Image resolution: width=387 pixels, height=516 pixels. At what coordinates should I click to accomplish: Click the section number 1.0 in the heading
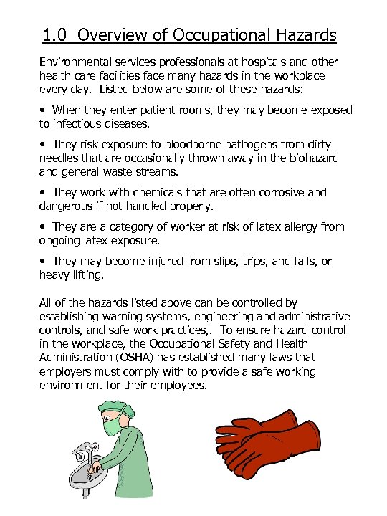[x=54, y=34]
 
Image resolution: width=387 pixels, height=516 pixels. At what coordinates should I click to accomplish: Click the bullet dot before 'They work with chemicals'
[x=44, y=193]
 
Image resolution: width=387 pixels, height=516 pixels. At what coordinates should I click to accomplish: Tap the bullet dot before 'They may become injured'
[x=44, y=262]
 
